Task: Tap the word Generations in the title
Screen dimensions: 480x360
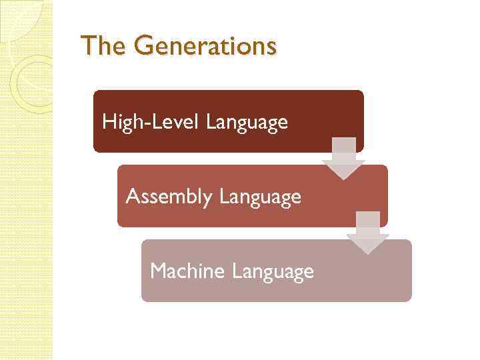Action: tap(205, 47)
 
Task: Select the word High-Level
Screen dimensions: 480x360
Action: tap(151, 122)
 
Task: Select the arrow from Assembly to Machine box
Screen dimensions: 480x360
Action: tap(367, 233)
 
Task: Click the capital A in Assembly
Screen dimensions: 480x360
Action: tap(132, 197)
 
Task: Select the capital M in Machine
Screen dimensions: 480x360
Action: tap(159, 271)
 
